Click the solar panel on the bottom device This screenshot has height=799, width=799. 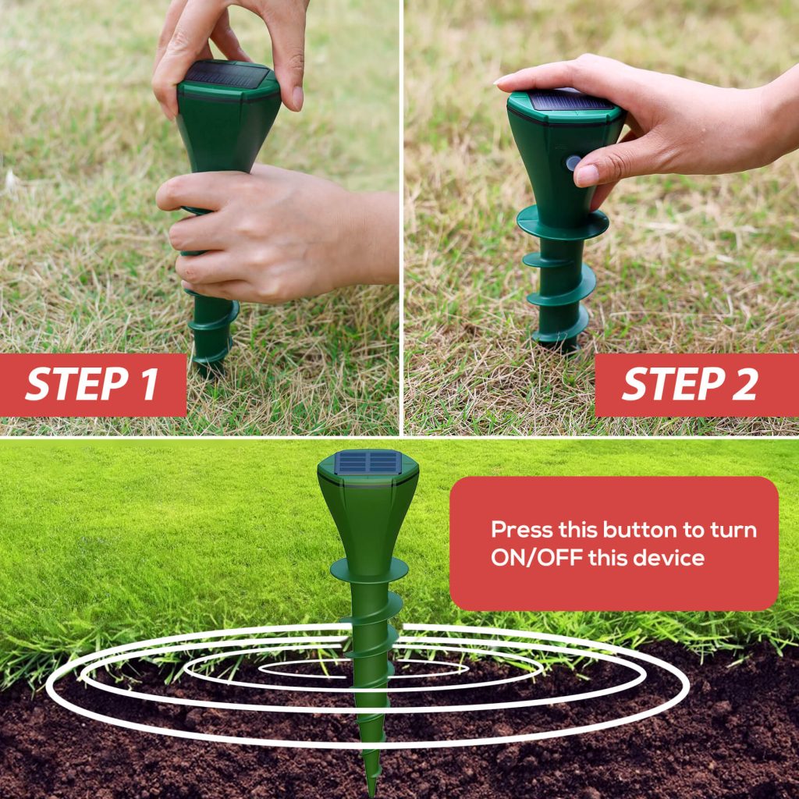[x=368, y=463]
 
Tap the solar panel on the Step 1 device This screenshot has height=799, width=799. [x=225, y=75]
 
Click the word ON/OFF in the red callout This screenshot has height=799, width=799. [x=537, y=558]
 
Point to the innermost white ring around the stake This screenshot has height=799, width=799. [x=312, y=668]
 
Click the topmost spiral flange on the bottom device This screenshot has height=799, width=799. [x=368, y=570]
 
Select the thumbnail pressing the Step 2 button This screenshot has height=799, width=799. [x=587, y=175]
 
